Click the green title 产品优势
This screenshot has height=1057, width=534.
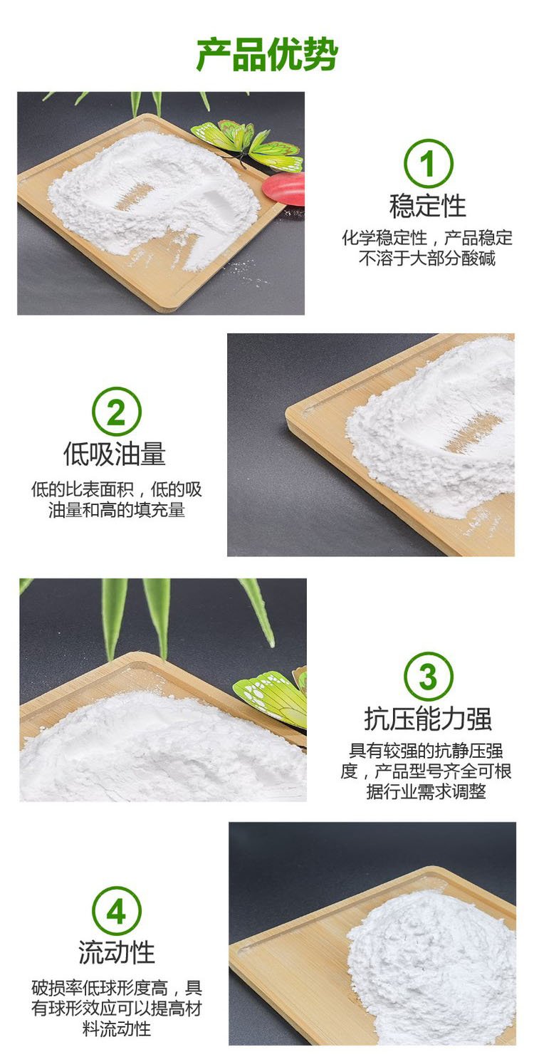(x=267, y=55)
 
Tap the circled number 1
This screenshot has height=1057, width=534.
(x=429, y=163)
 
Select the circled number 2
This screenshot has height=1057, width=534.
(x=116, y=412)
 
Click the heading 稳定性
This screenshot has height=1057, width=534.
(x=428, y=206)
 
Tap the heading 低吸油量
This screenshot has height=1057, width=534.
(x=115, y=454)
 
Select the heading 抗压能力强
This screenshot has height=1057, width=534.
(x=428, y=719)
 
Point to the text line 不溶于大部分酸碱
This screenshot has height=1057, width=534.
(x=427, y=259)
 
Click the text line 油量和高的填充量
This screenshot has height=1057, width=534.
(x=117, y=510)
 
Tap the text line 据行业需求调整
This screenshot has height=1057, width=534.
(x=426, y=791)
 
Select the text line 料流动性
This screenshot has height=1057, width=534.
(x=117, y=1029)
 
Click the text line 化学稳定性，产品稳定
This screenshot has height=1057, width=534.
(x=427, y=237)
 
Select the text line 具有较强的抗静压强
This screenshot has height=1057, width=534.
(x=426, y=751)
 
